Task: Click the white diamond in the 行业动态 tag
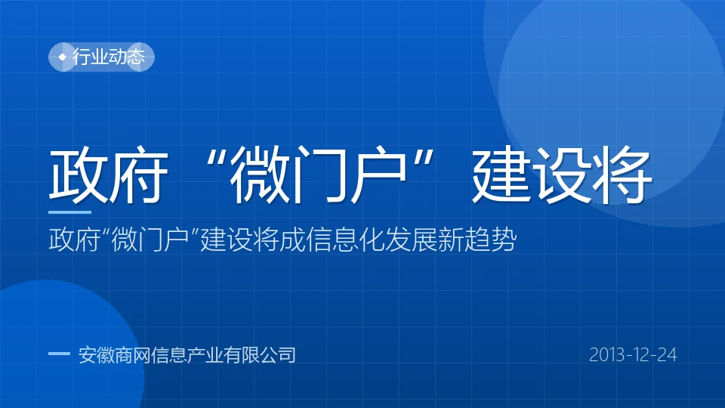point(63,57)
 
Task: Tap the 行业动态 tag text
point(109,57)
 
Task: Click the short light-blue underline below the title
point(69,212)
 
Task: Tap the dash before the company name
point(59,354)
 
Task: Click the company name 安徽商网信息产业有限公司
point(187,355)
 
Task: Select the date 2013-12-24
point(633,355)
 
